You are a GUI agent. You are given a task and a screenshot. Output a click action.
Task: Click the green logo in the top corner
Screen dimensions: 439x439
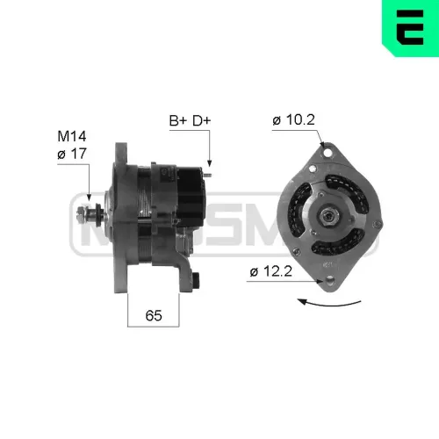(x=409, y=24)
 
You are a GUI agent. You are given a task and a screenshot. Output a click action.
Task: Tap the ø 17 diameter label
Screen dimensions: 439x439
(x=71, y=153)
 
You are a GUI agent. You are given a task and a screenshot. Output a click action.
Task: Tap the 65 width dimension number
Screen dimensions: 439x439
(x=154, y=313)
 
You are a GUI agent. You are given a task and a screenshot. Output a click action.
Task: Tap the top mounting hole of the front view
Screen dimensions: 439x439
(x=328, y=153)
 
